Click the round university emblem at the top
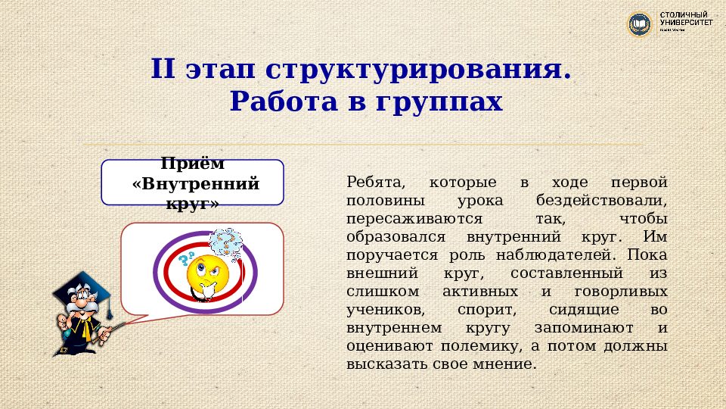pos(640,24)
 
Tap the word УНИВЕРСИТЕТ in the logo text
pos(686,23)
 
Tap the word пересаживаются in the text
pos(414,220)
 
